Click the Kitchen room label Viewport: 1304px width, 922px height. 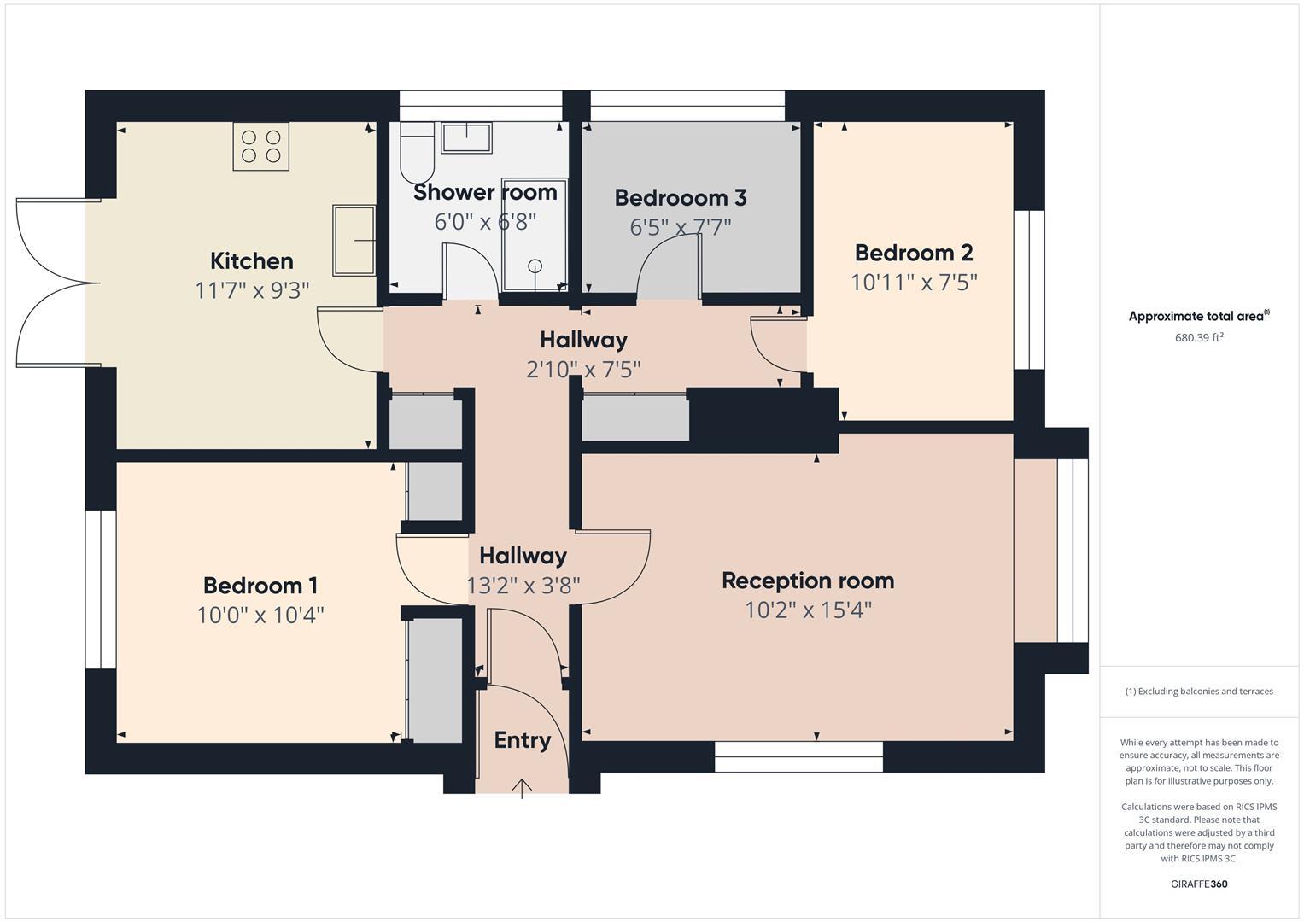tap(251, 261)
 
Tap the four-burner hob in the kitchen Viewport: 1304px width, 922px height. tap(260, 146)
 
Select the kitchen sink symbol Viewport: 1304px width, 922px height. tap(354, 241)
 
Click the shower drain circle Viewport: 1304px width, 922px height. tap(535, 266)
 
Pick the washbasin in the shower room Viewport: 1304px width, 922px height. tap(466, 137)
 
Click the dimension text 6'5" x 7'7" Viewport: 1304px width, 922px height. tap(681, 228)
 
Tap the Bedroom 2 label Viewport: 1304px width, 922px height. tap(913, 253)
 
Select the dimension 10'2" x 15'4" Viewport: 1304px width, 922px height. tap(808, 610)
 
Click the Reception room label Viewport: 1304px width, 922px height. tap(808, 581)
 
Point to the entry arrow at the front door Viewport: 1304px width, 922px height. tap(522, 787)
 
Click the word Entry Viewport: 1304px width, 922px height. tap(522, 740)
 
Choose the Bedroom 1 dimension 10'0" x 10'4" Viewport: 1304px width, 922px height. tap(260, 615)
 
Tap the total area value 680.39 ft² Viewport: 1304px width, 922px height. tap(1199, 337)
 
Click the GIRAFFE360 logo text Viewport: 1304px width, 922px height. tap(1199, 884)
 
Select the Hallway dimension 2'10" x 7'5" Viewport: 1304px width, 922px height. tap(583, 370)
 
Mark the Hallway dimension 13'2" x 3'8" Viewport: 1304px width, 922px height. tap(523, 586)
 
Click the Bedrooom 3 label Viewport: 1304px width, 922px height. tap(681, 198)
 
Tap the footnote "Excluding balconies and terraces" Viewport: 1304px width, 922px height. tap(1199, 691)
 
